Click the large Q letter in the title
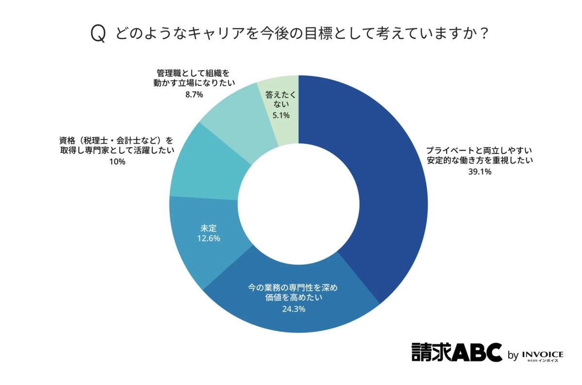98,34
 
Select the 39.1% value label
480,171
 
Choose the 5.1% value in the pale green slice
281,115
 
